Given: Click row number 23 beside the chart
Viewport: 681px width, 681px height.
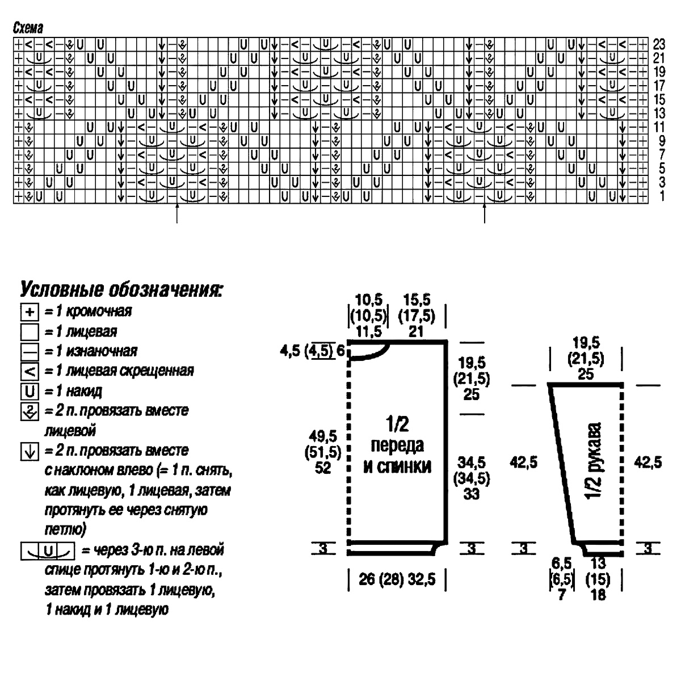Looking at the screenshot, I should coord(659,44).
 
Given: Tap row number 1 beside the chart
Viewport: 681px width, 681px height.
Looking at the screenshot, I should coord(658,196).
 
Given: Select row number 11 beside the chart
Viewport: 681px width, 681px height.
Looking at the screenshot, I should coord(659,127).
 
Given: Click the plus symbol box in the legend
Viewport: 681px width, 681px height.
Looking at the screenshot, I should coord(29,312).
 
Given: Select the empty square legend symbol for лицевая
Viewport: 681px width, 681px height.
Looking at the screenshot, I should coord(29,332).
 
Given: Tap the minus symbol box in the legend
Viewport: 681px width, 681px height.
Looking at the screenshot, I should coord(29,352).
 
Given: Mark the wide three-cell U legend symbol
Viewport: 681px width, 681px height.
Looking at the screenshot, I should coord(48,550).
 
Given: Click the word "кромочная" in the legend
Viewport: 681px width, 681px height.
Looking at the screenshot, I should coord(99,311).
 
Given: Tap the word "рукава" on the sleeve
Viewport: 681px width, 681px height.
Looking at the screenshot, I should coord(596,448).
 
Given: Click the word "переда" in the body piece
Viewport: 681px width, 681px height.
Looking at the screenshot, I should coord(397,445).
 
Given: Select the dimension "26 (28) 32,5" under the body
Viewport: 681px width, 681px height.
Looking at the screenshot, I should coord(397,581).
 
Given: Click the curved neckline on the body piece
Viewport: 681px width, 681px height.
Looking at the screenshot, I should coord(372,353).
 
